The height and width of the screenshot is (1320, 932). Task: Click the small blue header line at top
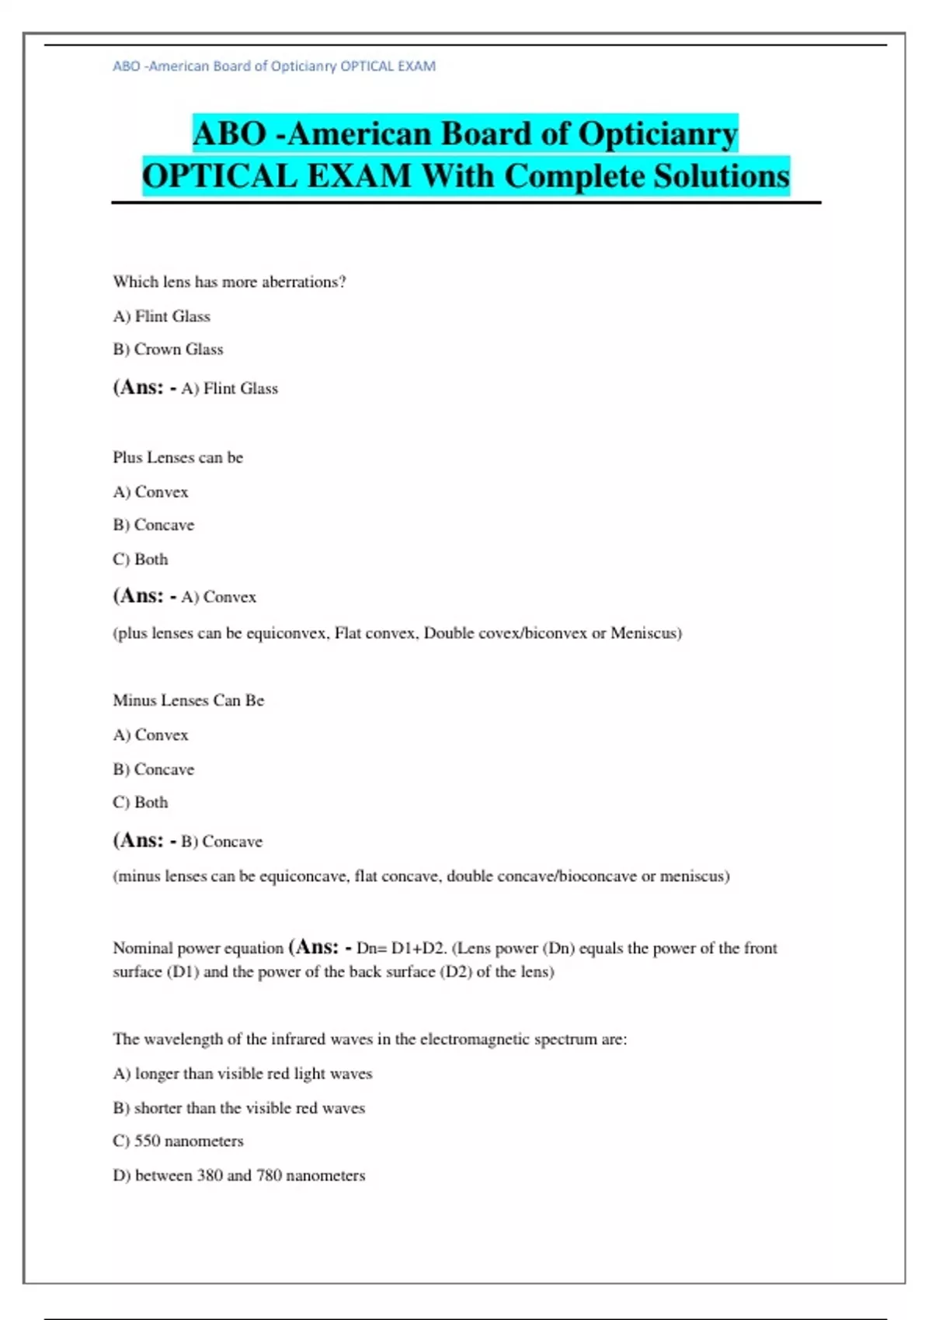(x=274, y=66)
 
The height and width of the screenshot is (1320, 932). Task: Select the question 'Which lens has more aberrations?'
(x=229, y=282)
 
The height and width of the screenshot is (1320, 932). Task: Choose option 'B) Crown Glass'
(x=168, y=349)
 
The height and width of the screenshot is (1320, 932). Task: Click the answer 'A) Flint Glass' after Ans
(x=229, y=388)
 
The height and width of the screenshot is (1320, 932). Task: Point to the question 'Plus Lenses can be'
(x=178, y=457)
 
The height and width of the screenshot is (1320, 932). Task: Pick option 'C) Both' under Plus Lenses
(x=141, y=559)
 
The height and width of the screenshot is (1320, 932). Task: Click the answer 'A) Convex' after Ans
(x=218, y=597)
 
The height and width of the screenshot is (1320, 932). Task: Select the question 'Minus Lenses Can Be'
(x=189, y=700)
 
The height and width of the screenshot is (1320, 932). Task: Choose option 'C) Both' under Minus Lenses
(x=141, y=802)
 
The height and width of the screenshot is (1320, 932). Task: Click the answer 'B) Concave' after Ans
(x=221, y=842)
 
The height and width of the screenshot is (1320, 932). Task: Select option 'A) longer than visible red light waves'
(x=242, y=1074)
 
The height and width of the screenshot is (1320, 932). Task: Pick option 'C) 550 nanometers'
(x=178, y=1141)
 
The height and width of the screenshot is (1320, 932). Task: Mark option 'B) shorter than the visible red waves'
(x=238, y=1108)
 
